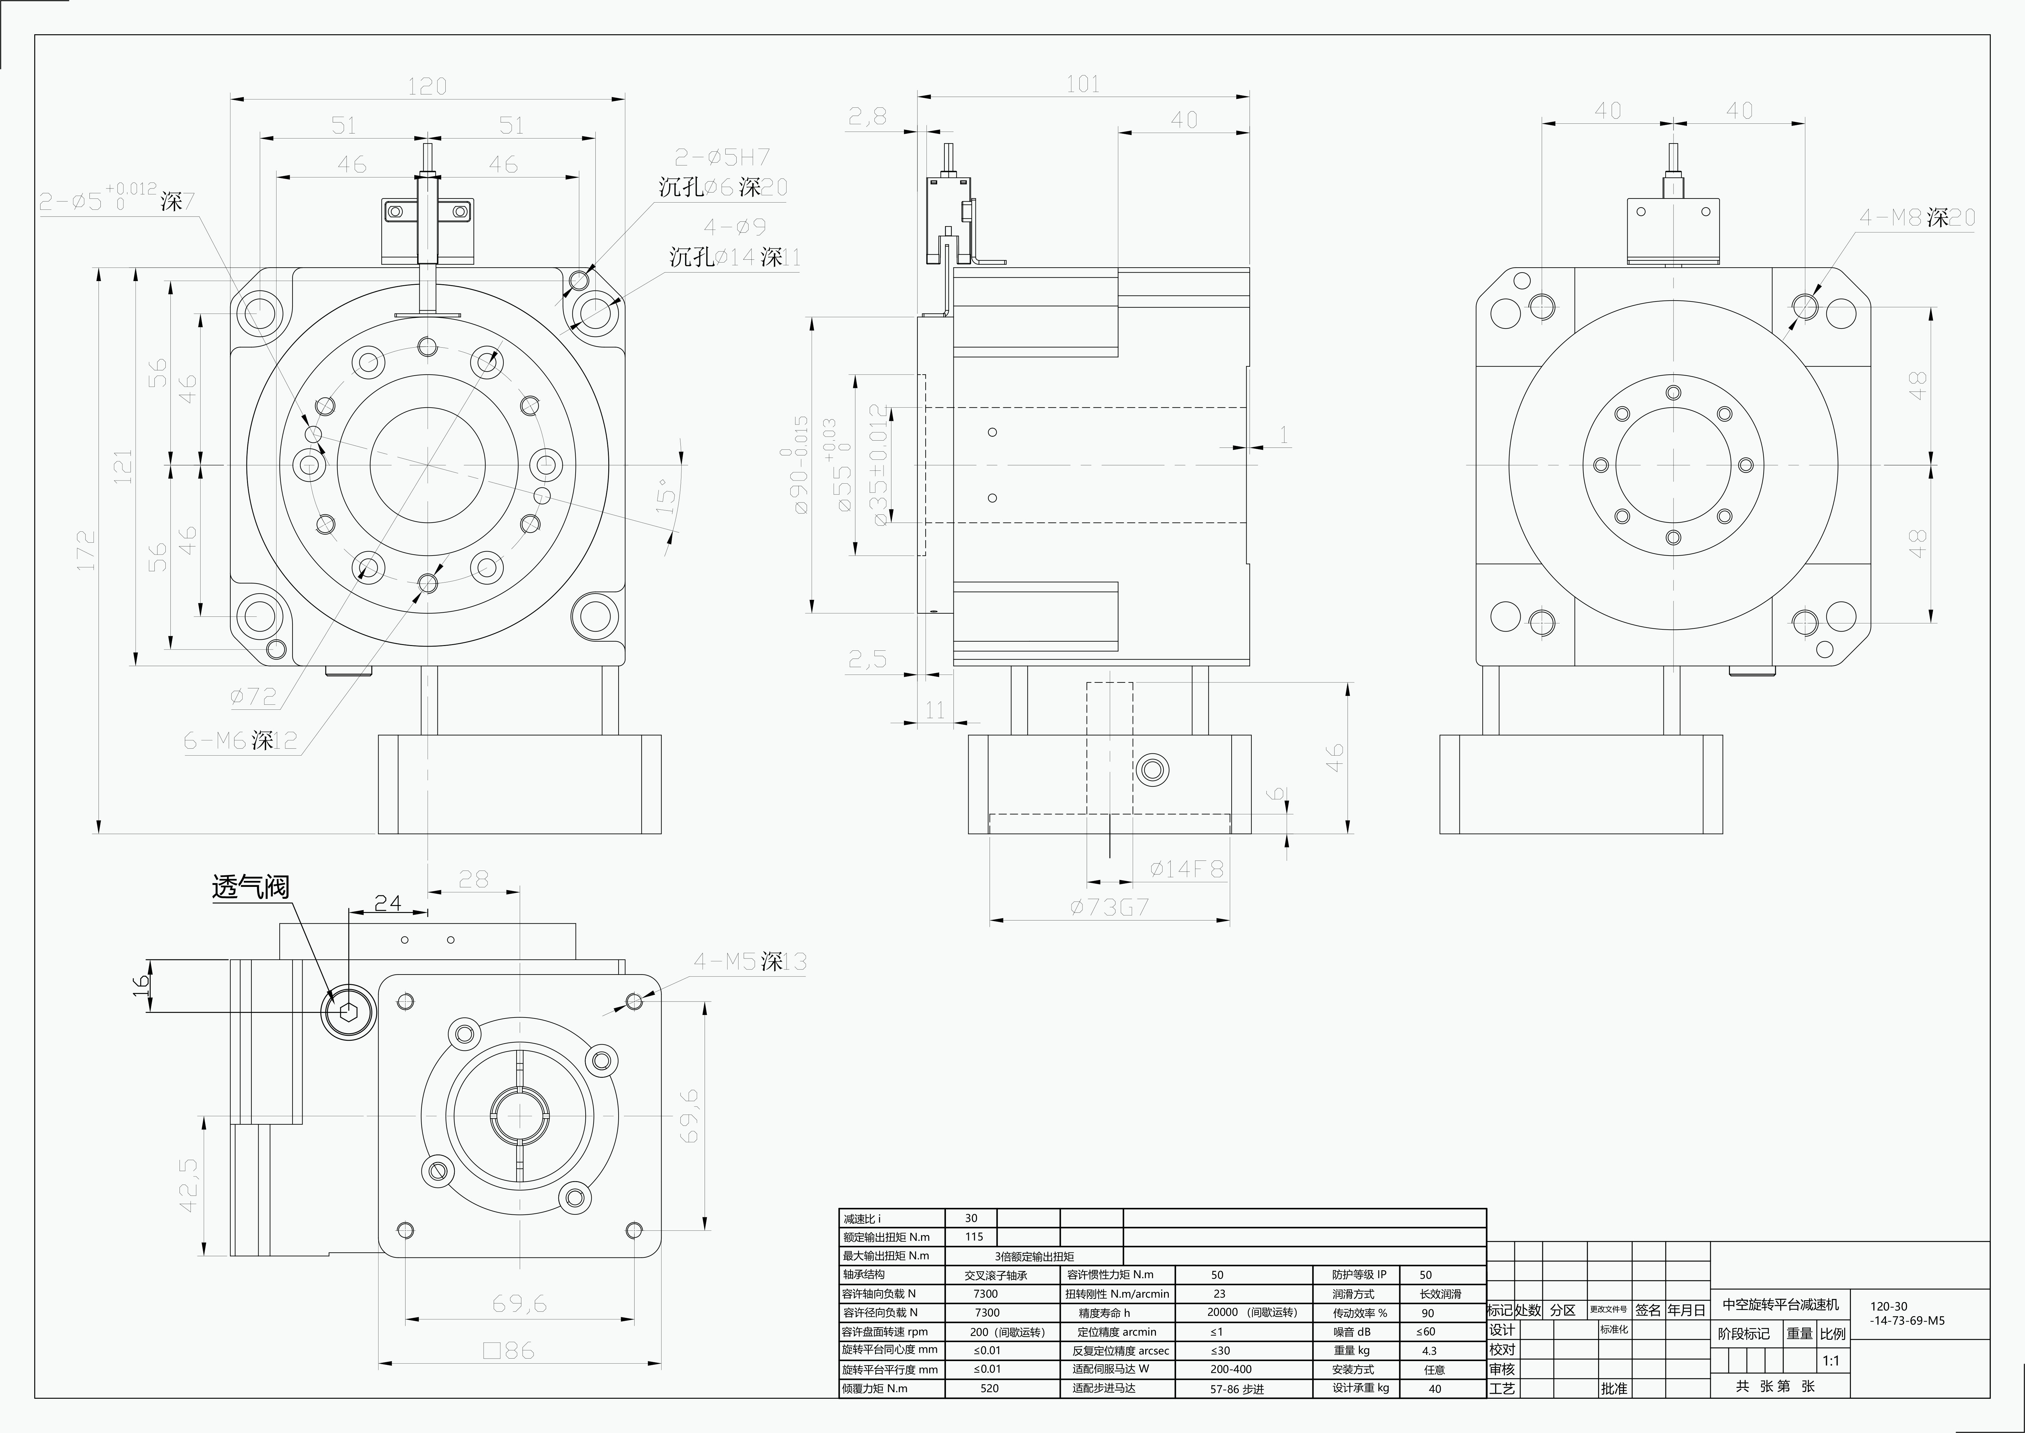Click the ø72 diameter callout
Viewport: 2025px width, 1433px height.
(x=253, y=697)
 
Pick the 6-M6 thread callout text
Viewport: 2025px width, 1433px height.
(x=240, y=740)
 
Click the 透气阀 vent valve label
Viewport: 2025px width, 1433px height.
(x=250, y=887)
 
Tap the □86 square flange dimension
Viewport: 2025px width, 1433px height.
(x=509, y=1350)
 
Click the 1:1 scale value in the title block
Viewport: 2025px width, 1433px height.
(x=1831, y=1361)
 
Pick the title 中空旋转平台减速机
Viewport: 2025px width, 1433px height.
(x=1781, y=1304)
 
